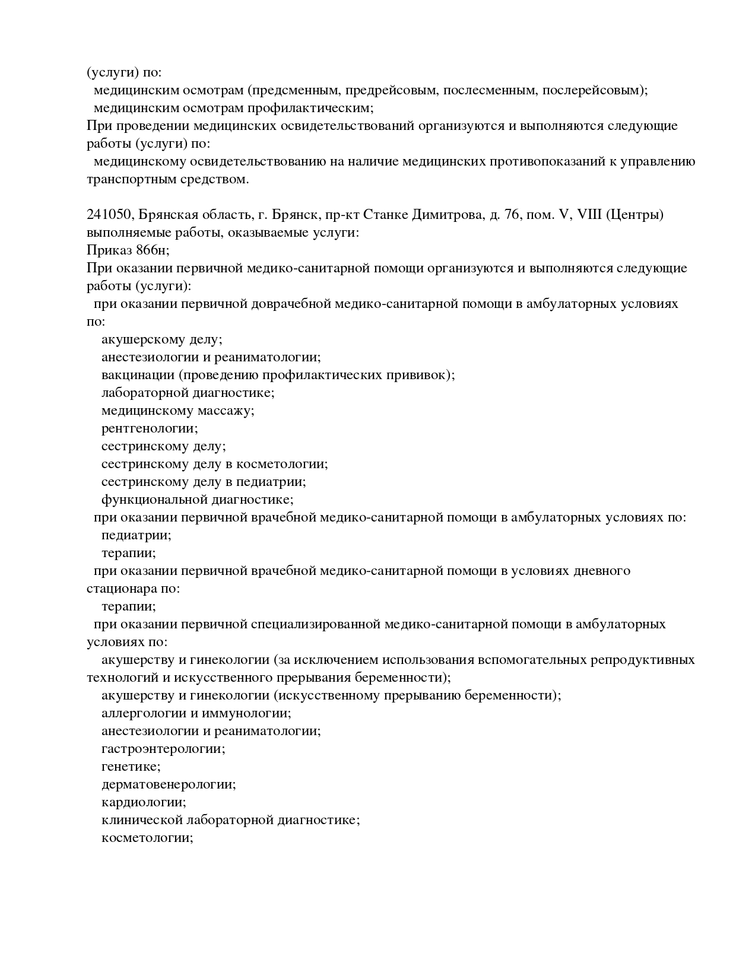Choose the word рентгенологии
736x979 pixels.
coord(150,428)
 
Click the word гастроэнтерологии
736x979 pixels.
coord(163,749)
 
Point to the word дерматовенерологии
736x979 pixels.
coord(169,784)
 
